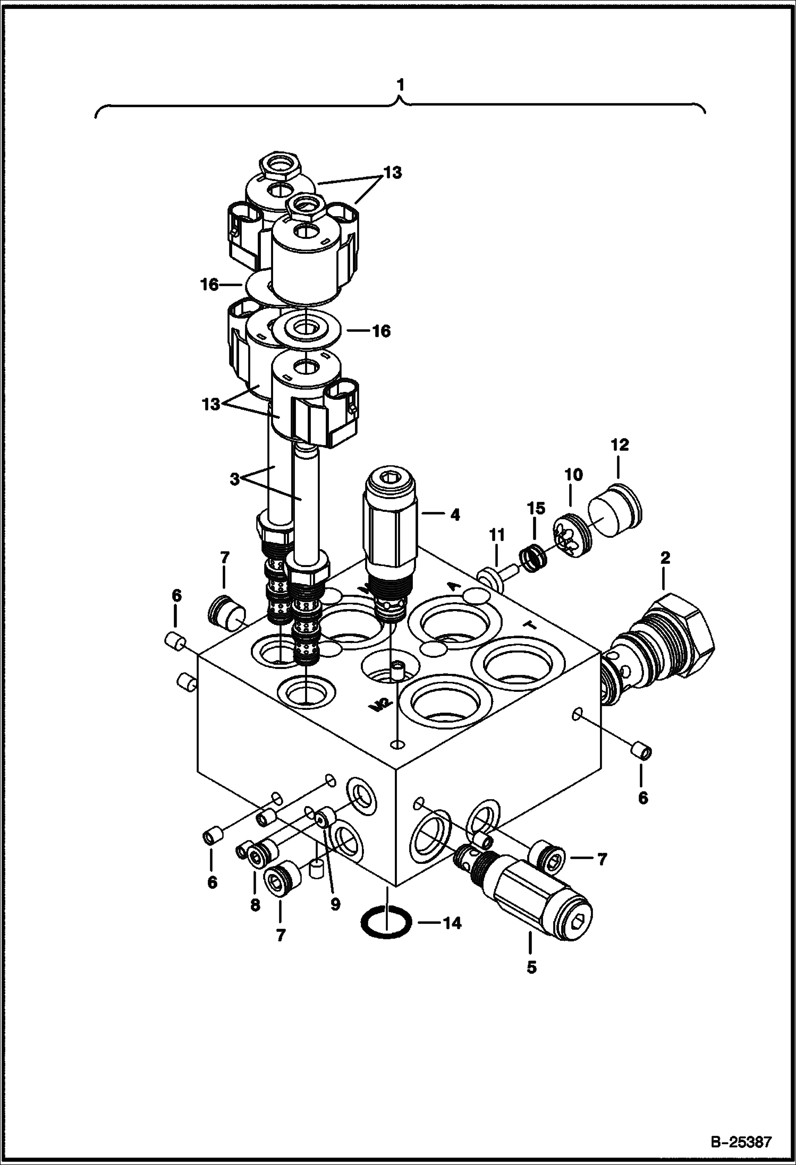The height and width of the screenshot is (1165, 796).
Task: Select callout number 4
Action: (x=454, y=515)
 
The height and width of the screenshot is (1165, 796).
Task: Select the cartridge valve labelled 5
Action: (x=523, y=894)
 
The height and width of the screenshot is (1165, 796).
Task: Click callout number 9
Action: (x=335, y=904)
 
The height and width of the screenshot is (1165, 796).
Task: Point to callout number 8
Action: (x=255, y=905)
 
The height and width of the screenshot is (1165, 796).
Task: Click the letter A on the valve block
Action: (x=453, y=586)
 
